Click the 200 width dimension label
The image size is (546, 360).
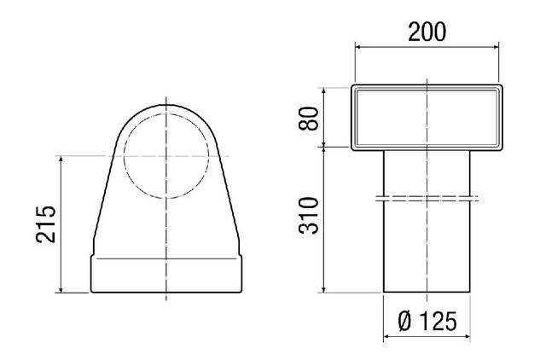[x=427, y=32]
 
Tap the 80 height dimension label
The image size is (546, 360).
[x=309, y=119]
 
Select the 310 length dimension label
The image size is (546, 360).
[x=309, y=215]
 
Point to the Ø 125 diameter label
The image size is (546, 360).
[x=427, y=321]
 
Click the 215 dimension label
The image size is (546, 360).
[x=45, y=224]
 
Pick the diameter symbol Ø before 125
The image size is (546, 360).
[x=405, y=321]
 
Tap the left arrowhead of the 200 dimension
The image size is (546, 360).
[x=358, y=48]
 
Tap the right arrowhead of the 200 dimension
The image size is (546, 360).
[x=495, y=48]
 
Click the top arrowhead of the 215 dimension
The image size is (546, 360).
[x=61, y=160]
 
